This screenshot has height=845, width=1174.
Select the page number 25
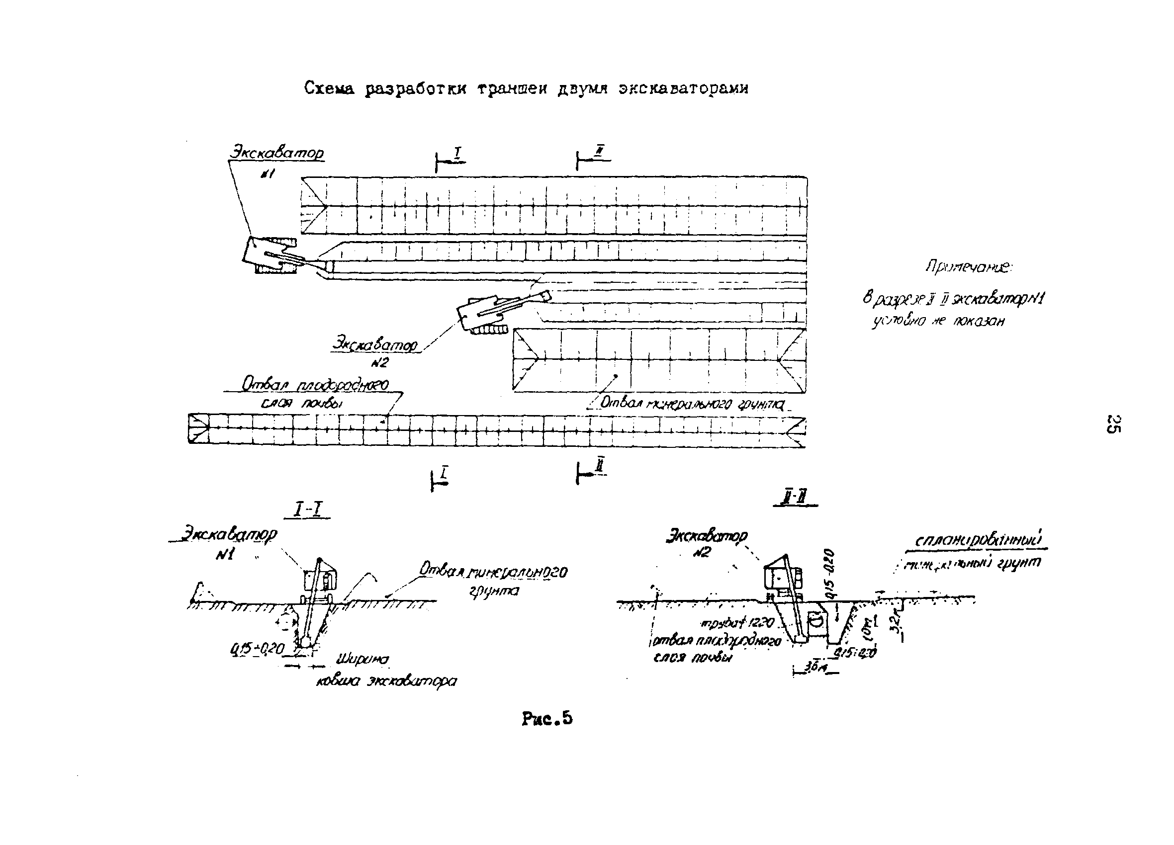[1113, 424]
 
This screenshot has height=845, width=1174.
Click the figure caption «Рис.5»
[547, 719]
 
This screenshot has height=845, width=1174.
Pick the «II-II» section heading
[795, 499]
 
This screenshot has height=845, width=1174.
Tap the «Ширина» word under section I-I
[362, 660]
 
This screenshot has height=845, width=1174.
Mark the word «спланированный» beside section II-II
[982, 540]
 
